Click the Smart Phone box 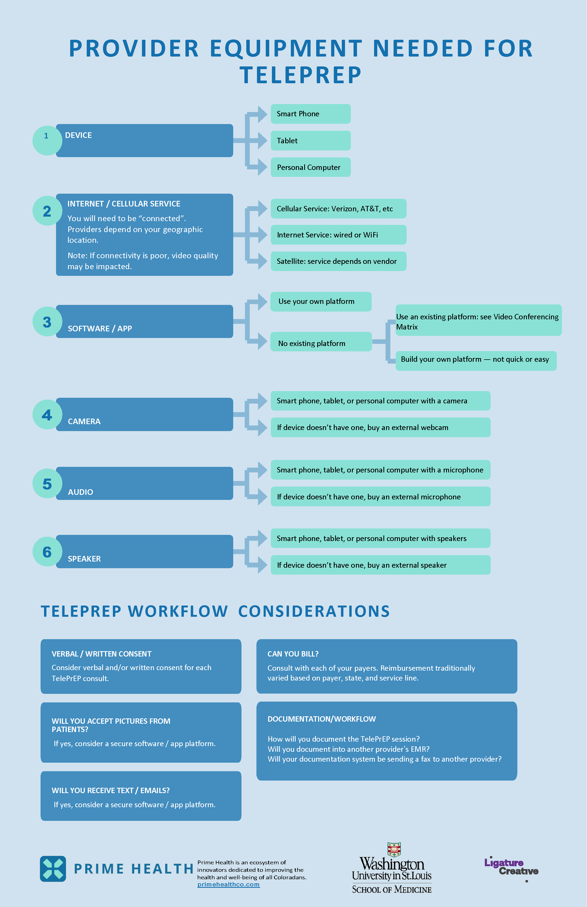(310, 114)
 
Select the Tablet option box (310, 141)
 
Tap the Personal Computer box (310, 167)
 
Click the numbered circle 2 (47, 211)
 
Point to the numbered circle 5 (47, 484)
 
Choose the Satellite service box (338, 261)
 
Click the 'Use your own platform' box (320, 301)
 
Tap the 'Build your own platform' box (476, 360)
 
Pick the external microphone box (380, 496)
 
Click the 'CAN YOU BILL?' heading (293, 654)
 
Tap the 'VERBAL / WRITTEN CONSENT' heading (101, 654)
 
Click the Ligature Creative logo (511, 867)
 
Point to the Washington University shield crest (394, 849)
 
